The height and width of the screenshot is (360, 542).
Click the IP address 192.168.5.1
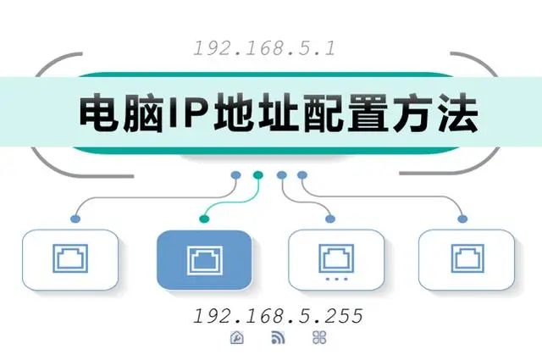(264, 48)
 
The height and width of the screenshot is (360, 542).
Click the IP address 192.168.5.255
(279, 316)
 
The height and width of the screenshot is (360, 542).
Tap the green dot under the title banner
(257, 175)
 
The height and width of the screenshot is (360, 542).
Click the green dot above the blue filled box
(204, 219)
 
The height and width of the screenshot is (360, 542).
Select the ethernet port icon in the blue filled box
(205, 261)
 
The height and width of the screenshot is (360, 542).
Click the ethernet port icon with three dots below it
(336, 258)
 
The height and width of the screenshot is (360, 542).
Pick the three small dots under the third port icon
(337, 279)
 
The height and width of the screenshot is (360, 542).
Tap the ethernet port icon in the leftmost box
(70, 258)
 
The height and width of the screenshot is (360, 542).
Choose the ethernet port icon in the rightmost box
(467, 258)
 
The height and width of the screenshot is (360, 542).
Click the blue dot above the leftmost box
(75, 219)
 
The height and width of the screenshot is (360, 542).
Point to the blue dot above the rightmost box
(462, 219)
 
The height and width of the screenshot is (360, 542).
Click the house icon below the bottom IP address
(237, 337)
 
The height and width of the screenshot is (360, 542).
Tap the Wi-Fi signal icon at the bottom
(279, 337)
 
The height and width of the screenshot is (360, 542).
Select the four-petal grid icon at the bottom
(319, 337)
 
